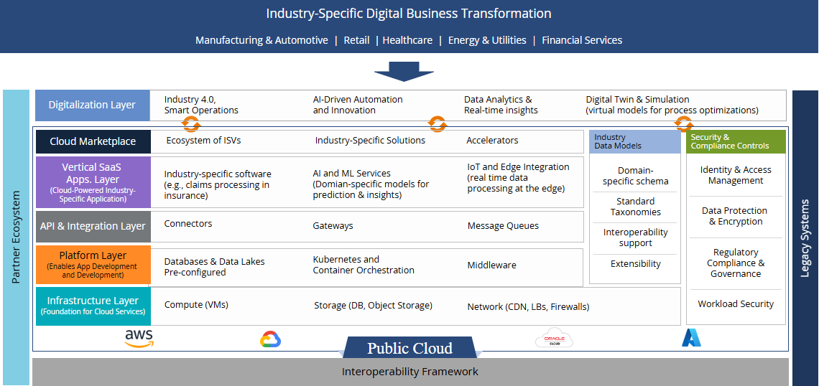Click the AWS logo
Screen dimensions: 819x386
click(x=139, y=337)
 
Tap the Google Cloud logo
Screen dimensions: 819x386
click(x=271, y=339)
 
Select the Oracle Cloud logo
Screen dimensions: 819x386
click(x=554, y=337)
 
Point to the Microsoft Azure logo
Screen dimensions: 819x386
click(x=691, y=338)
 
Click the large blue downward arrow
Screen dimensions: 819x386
click(x=404, y=72)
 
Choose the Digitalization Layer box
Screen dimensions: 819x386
click(x=92, y=105)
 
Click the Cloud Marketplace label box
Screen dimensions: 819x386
click(x=93, y=141)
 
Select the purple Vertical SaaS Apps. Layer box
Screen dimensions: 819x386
click(x=93, y=182)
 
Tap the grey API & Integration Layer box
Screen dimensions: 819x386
click(x=93, y=227)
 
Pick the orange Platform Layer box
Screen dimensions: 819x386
click(x=93, y=265)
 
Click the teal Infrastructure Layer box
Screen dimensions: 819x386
click(x=93, y=306)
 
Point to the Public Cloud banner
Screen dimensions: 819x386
click(x=410, y=347)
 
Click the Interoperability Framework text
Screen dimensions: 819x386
click(x=410, y=372)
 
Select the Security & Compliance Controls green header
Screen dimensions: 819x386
click(x=736, y=141)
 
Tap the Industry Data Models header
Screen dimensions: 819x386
click(x=634, y=141)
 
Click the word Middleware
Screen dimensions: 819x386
click(x=491, y=265)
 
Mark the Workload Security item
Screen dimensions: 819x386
click(x=736, y=303)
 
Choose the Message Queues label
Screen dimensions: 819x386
click(x=503, y=226)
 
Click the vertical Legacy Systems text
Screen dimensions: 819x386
click(x=805, y=238)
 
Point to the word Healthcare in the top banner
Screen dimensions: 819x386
click(x=407, y=40)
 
